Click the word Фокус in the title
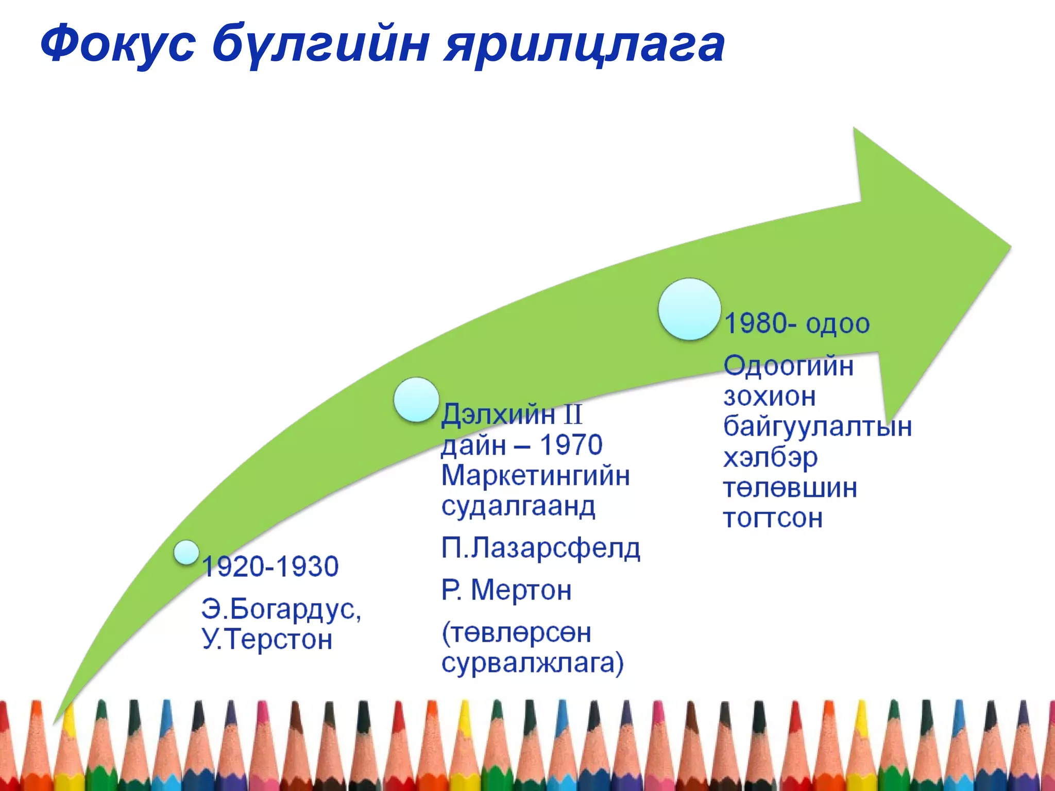point(117,44)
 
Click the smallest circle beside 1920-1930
point(186,553)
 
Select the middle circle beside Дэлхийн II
point(416,400)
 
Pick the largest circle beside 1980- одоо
point(689,309)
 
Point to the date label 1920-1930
point(270,566)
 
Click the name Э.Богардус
point(281,609)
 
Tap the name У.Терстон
point(267,640)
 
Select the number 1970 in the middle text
point(571,445)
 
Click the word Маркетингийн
point(535,475)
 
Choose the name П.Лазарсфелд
point(540,548)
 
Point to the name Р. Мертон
point(506,590)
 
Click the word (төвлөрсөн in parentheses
point(516,632)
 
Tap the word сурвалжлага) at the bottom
point(532,663)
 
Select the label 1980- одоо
point(797,324)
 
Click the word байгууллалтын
point(817,426)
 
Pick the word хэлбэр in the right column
point(770,457)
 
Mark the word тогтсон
point(773,518)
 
